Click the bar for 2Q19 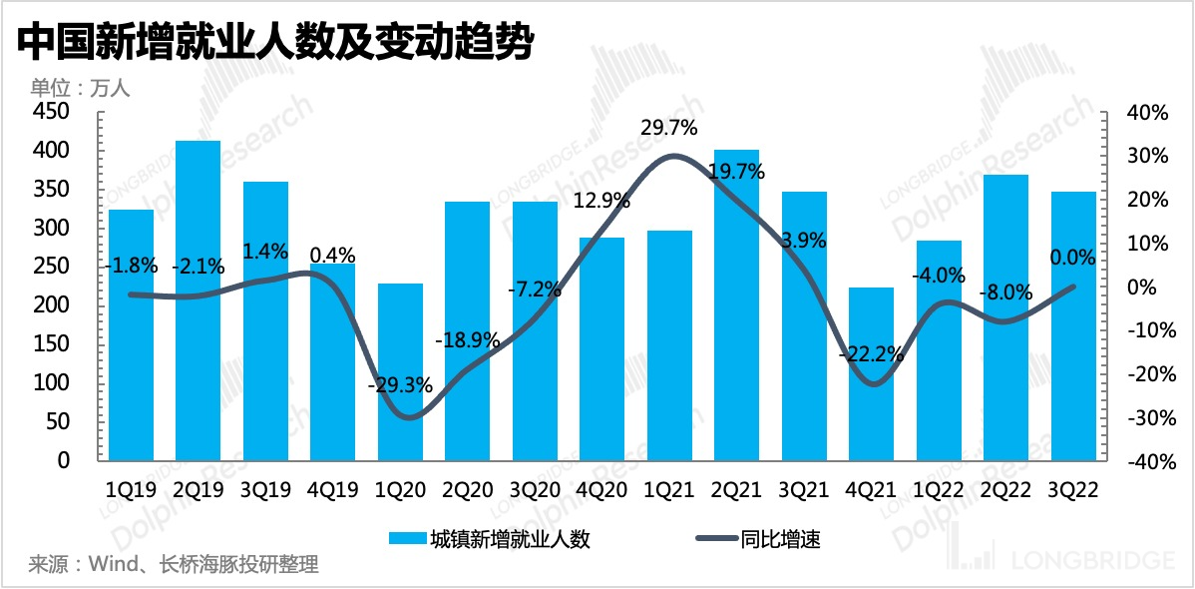tap(199, 299)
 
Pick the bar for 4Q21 tap(871, 373)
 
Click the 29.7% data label tap(669, 128)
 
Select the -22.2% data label tap(871, 353)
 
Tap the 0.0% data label tap(1072, 258)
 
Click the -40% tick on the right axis tap(1144, 462)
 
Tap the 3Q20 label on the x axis tap(535, 489)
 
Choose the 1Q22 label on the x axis tap(938, 489)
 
